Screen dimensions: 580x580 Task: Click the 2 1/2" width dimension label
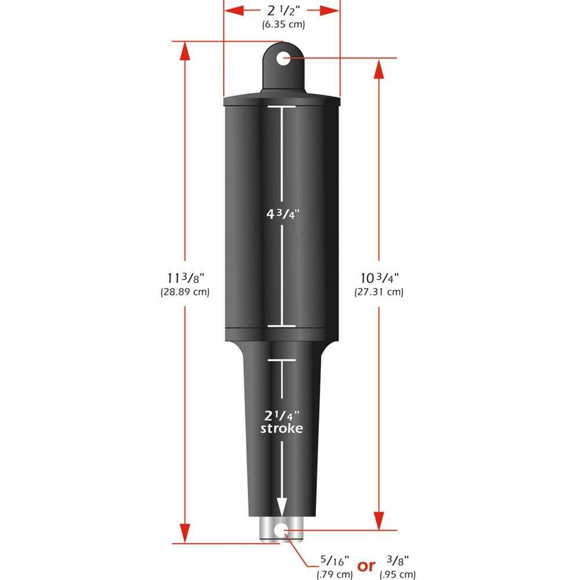tap(281, 10)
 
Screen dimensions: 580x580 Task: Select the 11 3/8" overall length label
tap(184, 277)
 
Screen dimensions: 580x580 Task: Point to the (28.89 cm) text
tap(184, 292)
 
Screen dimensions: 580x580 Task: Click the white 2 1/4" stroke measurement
tap(281, 415)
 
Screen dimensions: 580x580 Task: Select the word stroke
tap(281, 429)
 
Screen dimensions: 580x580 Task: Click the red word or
tap(366, 566)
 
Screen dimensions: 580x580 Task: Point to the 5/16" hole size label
tap(334, 561)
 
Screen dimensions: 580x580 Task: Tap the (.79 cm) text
tap(334, 574)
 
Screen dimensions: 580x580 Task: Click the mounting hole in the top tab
tap(283, 58)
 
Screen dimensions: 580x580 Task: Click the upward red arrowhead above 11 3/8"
tap(184, 51)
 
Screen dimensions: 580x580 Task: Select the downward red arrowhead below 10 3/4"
tap(379, 519)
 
